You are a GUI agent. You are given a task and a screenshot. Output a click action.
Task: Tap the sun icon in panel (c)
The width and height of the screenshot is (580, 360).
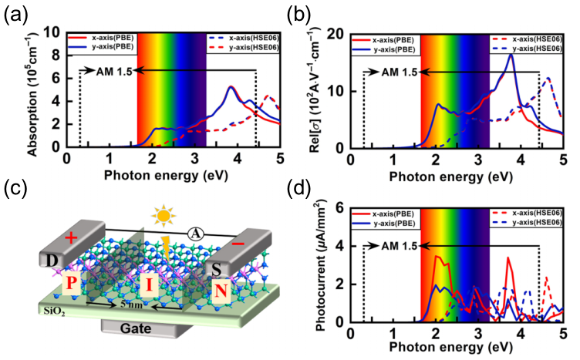[163, 213]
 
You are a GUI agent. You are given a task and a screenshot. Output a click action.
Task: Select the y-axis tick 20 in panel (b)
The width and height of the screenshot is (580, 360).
[338, 34]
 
